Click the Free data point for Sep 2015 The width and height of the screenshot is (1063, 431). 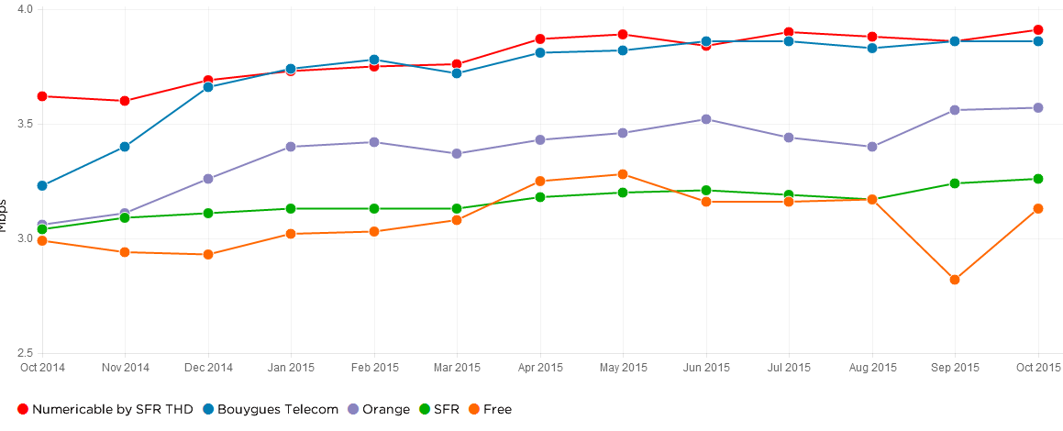[954, 280]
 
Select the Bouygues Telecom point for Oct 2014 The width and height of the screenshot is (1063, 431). [42, 185]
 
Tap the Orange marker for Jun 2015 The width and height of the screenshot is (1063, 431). [705, 119]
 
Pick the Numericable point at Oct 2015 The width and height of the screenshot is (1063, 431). [1037, 30]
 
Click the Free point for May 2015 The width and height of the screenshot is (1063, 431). [623, 174]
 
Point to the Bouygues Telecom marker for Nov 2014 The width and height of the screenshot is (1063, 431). [125, 147]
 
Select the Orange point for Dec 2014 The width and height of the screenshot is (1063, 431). [208, 179]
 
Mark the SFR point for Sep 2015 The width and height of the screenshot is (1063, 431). [954, 183]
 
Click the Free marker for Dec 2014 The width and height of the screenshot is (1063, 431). [208, 254]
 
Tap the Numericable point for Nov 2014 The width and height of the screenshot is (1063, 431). [125, 101]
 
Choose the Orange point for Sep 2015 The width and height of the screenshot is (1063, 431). [954, 110]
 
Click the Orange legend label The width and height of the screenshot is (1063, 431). [386, 409]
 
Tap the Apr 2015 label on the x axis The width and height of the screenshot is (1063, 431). [539, 368]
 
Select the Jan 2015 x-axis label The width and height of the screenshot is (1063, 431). [291, 368]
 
